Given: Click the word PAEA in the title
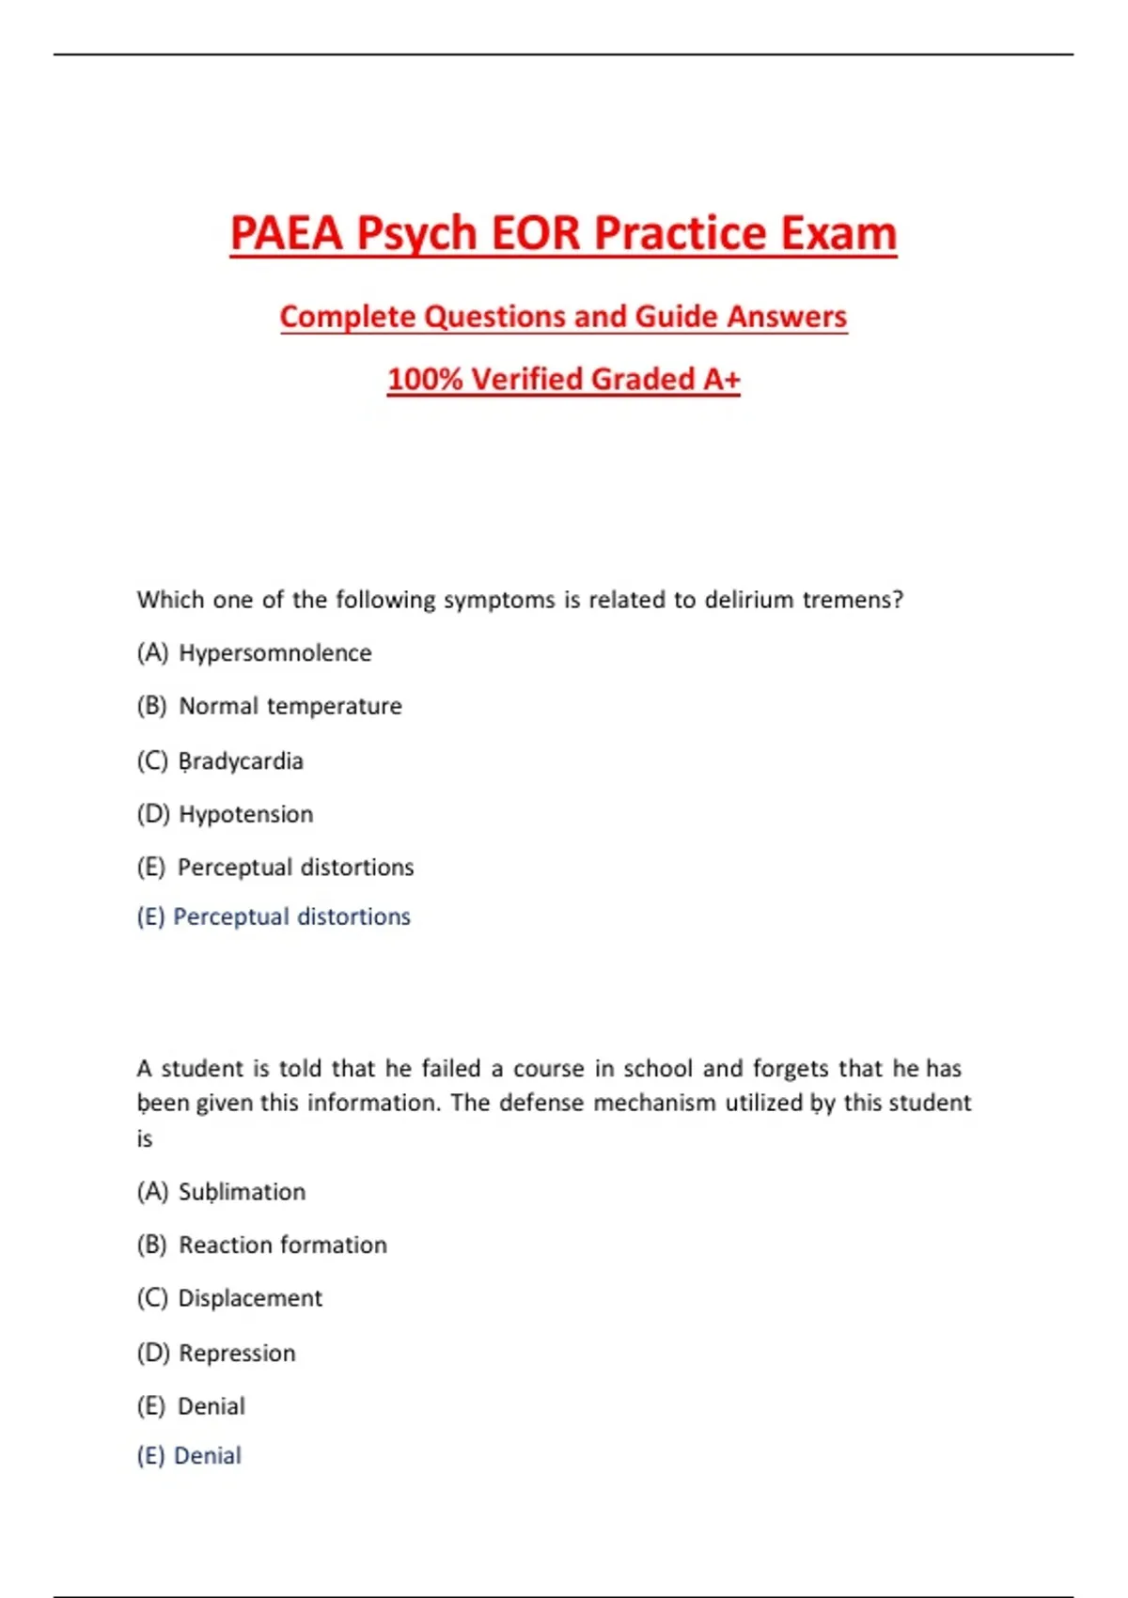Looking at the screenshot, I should coord(286,233).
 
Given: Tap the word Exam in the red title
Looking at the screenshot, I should coord(838,233).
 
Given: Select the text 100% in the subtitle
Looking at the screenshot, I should coord(425,379).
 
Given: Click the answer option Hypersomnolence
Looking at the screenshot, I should coord(274,653).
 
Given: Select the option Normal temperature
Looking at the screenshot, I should coord(290,706).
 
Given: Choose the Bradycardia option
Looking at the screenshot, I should coord(241,760).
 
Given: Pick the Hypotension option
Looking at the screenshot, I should coord(245,814).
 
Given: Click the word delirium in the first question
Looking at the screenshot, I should coord(749,600).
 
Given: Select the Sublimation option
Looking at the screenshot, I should coord(242,1192).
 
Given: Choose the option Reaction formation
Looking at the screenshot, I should coord(282,1245).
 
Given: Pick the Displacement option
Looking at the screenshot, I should coord(250,1298).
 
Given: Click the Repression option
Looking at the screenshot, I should coord(237,1353).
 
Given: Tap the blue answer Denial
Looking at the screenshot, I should coord(207,1456).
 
